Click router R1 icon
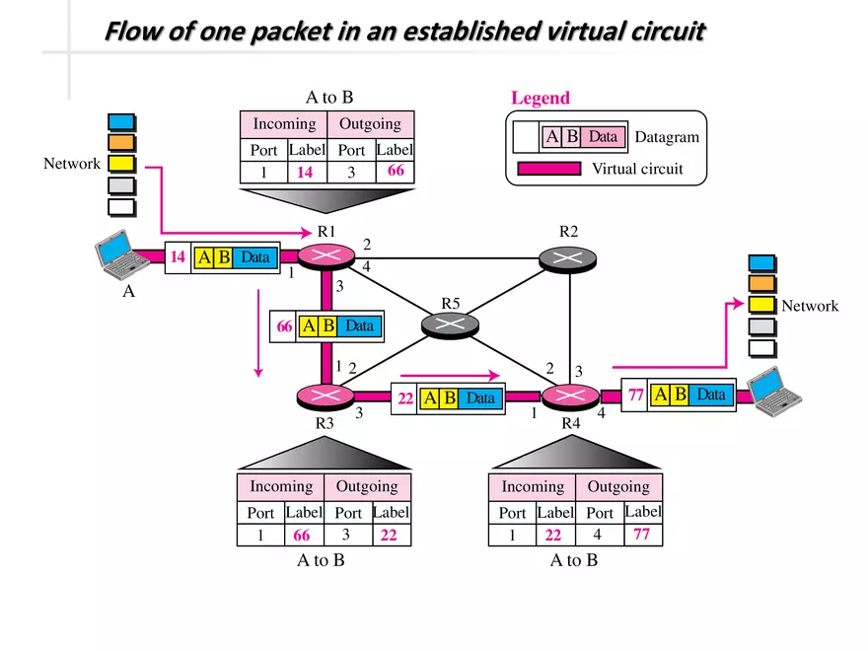click(x=326, y=255)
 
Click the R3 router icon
click(x=325, y=396)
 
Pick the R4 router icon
click(x=569, y=396)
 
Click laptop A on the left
click(x=119, y=253)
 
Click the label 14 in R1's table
click(x=305, y=173)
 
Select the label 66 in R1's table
click(x=395, y=172)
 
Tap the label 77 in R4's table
click(x=643, y=535)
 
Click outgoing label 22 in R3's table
click(x=390, y=536)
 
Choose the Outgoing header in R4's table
click(x=618, y=486)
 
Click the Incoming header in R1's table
click(x=284, y=124)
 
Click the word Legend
click(x=540, y=98)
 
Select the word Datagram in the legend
click(x=667, y=137)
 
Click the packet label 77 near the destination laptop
click(x=635, y=395)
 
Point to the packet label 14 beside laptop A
click(x=178, y=257)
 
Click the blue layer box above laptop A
click(x=121, y=121)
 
